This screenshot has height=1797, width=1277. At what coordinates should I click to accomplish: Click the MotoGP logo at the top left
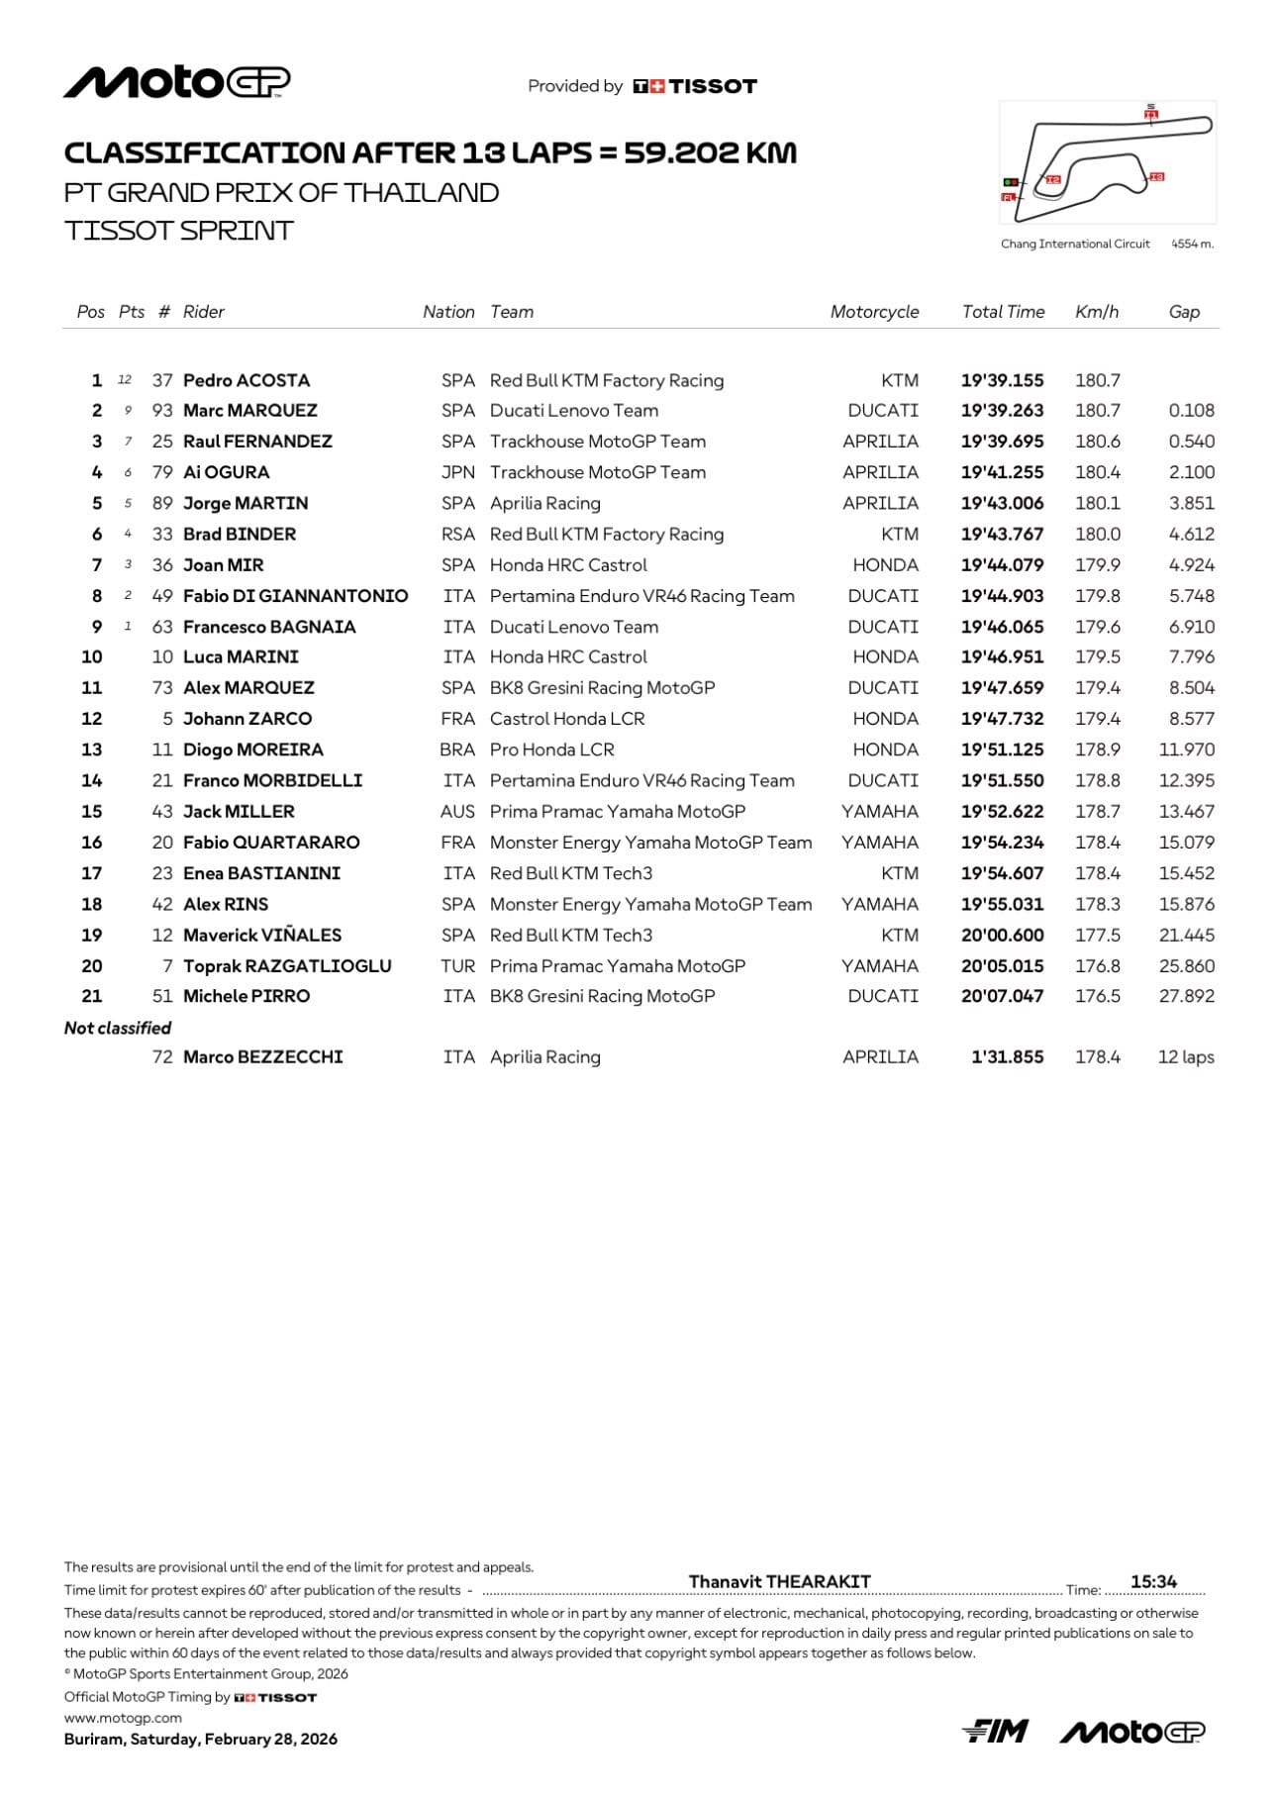coord(177,83)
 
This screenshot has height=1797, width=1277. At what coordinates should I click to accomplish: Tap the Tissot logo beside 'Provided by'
coord(695,86)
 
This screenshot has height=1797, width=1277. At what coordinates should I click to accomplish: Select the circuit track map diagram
coord(1108,161)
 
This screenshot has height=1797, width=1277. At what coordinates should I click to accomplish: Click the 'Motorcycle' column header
coord(874,312)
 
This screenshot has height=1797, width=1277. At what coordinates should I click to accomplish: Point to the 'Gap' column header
coord(1184,312)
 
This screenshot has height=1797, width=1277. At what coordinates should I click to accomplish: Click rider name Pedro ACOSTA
coord(246,380)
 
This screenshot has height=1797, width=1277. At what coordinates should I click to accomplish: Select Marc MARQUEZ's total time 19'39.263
coord(1002,411)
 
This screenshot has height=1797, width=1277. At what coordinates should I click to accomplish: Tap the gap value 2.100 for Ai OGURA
coord(1191,472)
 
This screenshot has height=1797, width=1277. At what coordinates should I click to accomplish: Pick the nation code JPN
coord(457,472)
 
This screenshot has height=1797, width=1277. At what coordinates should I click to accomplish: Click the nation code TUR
coord(457,966)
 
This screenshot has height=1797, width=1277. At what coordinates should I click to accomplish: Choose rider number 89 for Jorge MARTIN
coord(162,503)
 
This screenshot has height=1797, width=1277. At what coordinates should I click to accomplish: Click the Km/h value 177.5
coord(1098,936)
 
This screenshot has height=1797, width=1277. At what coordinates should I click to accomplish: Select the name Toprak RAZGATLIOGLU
coord(287,966)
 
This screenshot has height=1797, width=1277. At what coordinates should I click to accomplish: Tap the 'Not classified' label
coord(118,1028)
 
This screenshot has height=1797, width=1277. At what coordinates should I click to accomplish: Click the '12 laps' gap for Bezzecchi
coord(1186,1057)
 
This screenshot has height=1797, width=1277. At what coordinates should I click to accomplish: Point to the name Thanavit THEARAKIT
coord(779,1581)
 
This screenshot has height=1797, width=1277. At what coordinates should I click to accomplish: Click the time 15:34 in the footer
coord(1153,1581)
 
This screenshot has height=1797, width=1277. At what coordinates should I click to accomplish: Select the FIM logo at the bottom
coord(995,1731)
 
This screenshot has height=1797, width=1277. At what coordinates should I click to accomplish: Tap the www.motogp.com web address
coord(123,1718)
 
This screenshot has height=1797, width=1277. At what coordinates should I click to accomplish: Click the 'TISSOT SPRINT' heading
coord(179,231)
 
